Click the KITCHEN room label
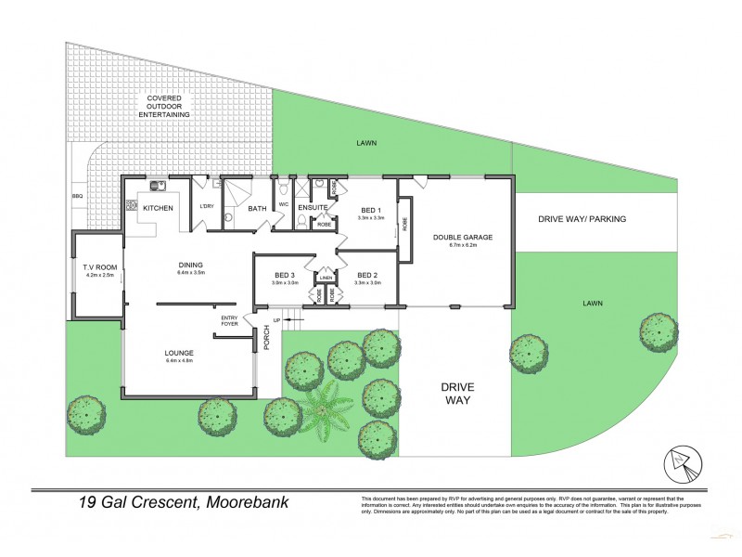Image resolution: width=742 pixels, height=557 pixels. pos(158,208)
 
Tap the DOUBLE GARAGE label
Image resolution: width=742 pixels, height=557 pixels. pos(462,238)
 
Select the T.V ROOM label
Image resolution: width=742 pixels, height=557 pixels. pos(97,268)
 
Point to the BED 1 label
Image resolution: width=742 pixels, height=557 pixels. pos(371,211)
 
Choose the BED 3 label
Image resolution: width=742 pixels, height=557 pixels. pos(285,275)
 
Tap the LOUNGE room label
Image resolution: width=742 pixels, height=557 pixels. pos(178,353)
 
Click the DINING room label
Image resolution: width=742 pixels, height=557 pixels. pos(190,266)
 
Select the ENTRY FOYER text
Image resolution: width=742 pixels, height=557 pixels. pos(229,321)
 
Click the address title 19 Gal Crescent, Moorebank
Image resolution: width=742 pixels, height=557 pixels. pos(184,503)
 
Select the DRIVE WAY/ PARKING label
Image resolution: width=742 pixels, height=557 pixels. pos(582,219)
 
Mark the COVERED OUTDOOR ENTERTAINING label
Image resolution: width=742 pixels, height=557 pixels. pos(164,106)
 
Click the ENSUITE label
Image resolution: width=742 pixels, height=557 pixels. pos(313,207)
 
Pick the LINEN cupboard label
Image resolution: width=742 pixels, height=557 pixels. pos(326,277)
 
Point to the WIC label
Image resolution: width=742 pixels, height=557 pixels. pos(284,205)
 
